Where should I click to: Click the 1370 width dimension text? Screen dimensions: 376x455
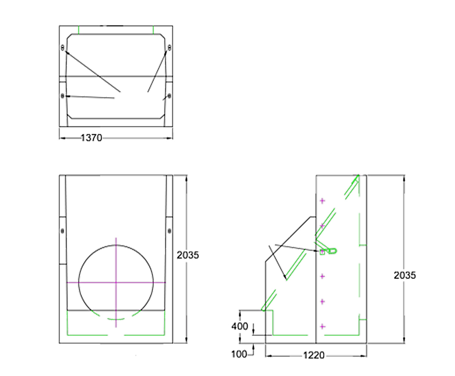coord(92,138)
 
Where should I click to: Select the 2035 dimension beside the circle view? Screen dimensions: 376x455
coord(188,255)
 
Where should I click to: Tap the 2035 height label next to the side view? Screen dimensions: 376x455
coord(405,275)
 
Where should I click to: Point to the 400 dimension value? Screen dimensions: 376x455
coord(239,326)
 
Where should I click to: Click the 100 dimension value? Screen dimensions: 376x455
coord(239,354)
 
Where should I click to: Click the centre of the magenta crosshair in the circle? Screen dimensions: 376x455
coord(116,282)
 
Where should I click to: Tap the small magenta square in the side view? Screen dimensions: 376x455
coord(322,252)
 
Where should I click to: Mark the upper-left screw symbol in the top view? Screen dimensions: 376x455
coord(63,47)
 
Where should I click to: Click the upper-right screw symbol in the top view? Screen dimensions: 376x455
coord(169,47)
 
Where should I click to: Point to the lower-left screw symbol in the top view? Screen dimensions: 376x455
coord(63,96)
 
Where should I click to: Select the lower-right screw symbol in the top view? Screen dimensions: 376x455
coord(169,96)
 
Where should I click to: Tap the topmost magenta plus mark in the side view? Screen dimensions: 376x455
coord(323,201)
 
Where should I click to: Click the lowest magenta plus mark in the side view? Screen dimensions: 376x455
coord(323,326)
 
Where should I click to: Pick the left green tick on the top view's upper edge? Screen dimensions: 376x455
coord(79,30)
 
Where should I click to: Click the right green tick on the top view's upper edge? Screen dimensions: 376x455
coord(153,30)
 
